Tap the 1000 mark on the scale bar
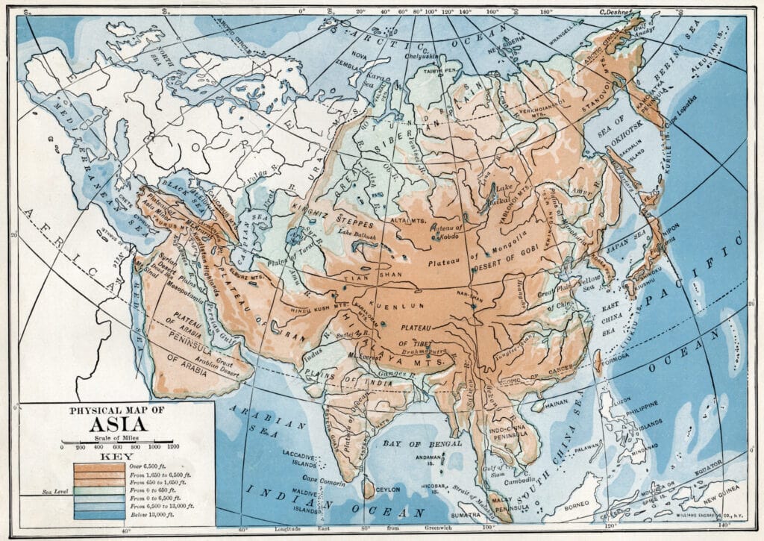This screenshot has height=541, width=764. pyautogui.click(x=154, y=445)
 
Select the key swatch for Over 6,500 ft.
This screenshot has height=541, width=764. pyautogui.click(x=98, y=467)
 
